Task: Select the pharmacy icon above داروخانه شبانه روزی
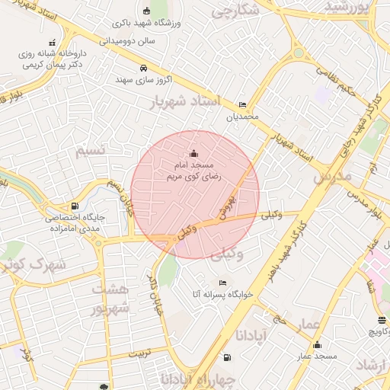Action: (x=52, y=43)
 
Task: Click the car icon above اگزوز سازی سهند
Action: (x=143, y=68)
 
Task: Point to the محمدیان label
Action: (x=242, y=117)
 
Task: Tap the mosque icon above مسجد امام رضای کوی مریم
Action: (x=193, y=152)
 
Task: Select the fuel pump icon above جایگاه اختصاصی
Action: (x=74, y=206)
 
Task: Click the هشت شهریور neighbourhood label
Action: (x=111, y=299)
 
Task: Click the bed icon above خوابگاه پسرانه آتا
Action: (x=222, y=283)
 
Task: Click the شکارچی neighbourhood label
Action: (x=235, y=12)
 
